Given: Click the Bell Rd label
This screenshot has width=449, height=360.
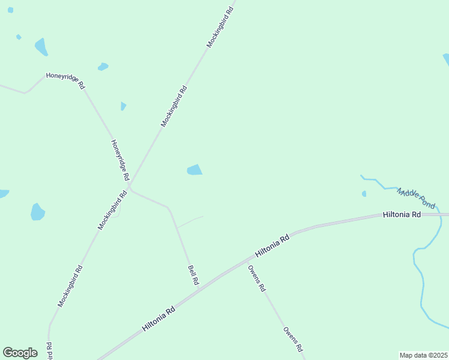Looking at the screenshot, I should (193, 275).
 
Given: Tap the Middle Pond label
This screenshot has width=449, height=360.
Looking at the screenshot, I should (416, 197).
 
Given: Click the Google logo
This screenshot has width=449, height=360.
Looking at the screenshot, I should (20, 353).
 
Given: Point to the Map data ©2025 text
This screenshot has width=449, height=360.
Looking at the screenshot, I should (423, 355).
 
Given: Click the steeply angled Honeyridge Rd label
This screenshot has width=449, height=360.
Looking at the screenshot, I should (120, 160).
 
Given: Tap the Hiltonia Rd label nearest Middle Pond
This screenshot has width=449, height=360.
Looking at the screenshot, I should (402, 214).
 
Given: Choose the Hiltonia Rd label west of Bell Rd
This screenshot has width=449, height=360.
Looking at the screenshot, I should (159, 319).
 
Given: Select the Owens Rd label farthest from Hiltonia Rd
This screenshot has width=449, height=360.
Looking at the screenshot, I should (294, 340).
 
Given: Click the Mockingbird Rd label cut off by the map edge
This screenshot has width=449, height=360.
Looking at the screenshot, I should (49, 352).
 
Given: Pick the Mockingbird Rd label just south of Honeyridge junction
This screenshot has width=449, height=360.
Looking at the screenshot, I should (113, 210).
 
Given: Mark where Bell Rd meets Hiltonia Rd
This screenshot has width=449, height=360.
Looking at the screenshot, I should (200, 290).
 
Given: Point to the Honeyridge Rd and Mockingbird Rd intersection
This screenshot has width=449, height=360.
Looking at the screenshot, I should (129, 186).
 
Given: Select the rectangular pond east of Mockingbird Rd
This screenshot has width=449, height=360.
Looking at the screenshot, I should (194, 170).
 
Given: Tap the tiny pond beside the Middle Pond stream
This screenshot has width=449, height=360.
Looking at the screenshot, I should (364, 194).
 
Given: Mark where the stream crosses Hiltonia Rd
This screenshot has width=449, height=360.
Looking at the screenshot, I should (441, 215).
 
